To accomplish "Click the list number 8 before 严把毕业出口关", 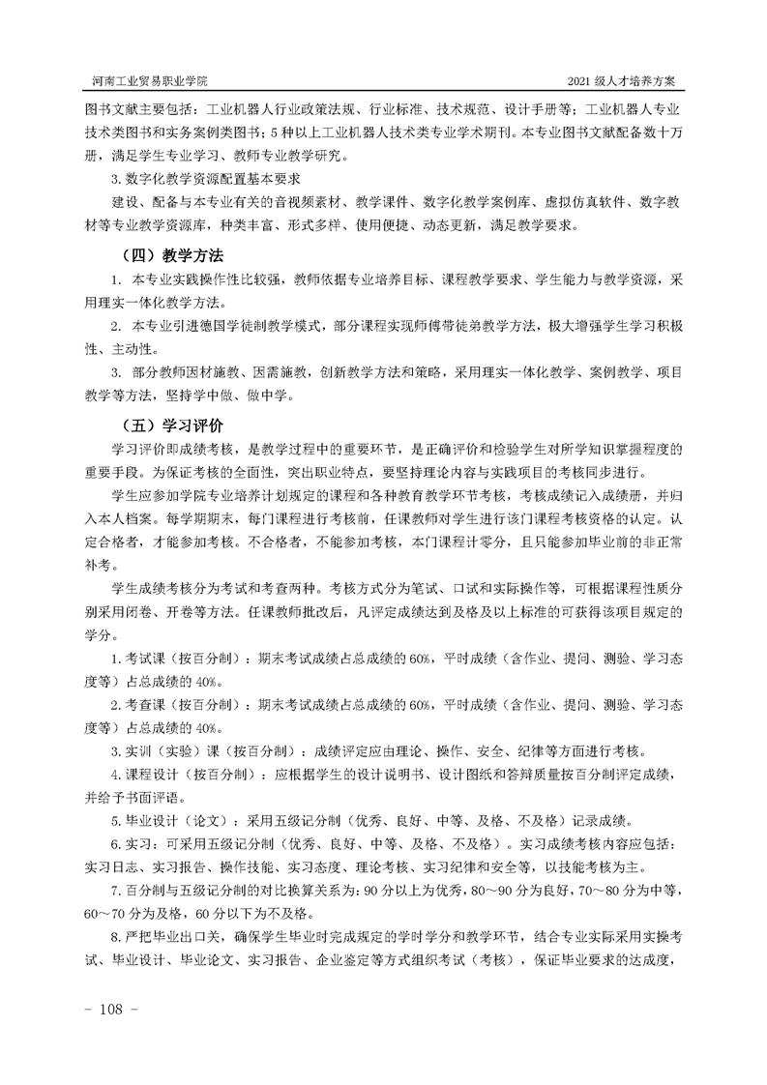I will click(115, 939).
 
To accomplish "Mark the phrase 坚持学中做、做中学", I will click(224, 396).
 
